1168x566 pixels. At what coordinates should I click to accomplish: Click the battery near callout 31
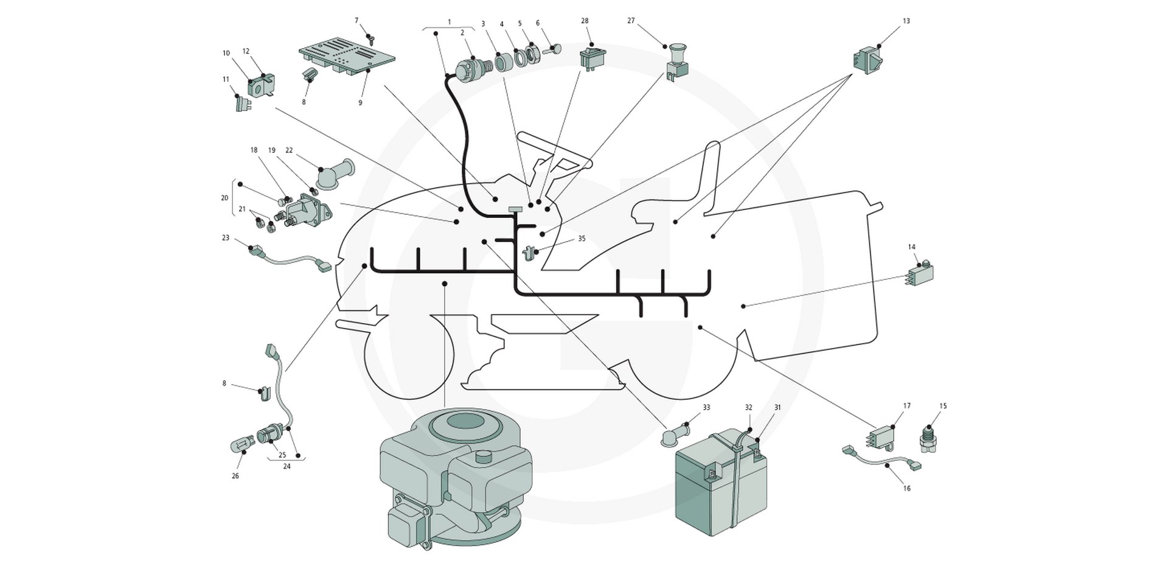[x=721, y=484]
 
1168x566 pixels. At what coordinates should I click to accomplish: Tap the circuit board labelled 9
[x=347, y=57]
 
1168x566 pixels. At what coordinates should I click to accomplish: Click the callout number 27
[x=631, y=21]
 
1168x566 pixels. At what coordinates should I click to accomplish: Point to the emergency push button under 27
[x=676, y=64]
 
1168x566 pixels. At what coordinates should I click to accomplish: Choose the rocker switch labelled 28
[x=593, y=57]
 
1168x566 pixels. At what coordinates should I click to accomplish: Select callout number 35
[x=582, y=239]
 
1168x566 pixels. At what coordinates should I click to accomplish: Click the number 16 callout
[x=907, y=488]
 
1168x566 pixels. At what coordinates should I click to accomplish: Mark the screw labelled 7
[x=370, y=38]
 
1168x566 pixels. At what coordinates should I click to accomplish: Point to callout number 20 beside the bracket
[x=224, y=198]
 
